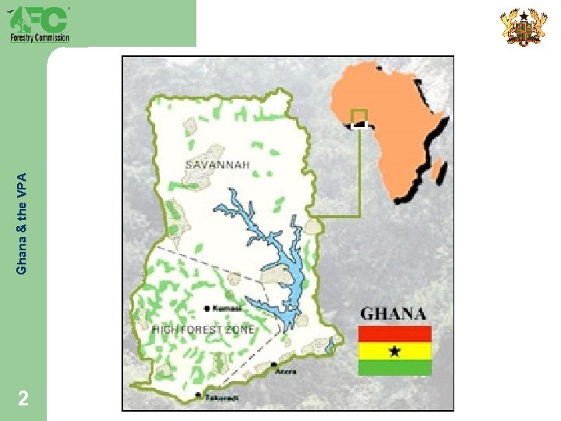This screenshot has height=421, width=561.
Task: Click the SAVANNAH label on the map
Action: click(x=217, y=165)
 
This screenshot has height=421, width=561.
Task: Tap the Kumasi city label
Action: click(x=227, y=309)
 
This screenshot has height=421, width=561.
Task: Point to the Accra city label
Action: click(x=285, y=372)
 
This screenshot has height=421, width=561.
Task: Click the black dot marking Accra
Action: click(x=273, y=365)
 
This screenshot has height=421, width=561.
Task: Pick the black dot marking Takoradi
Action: click(x=199, y=395)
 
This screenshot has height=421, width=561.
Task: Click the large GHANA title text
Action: click(x=393, y=314)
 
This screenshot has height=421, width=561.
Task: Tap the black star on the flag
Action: click(x=394, y=352)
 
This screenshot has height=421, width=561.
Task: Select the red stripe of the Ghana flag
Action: click(x=394, y=334)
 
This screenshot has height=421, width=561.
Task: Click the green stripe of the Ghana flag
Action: click(x=394, y=368)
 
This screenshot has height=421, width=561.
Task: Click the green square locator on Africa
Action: click(x=358, y=117)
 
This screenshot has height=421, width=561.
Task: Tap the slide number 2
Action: click(x=24, y=399)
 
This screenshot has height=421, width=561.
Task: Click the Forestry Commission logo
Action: click(x=39, y=23)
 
